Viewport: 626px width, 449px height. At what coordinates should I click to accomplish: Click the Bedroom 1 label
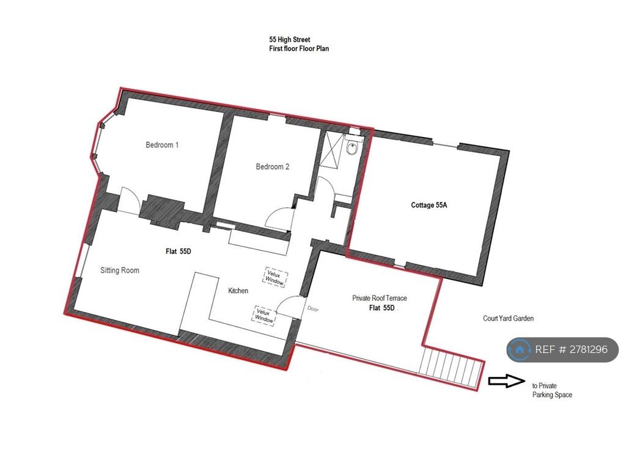coord(161,145)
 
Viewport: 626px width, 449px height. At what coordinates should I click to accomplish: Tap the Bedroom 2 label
coord(272,166)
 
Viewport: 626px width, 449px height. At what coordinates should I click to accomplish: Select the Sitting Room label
coord(120,270)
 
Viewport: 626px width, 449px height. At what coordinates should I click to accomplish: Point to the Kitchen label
coord(238,291)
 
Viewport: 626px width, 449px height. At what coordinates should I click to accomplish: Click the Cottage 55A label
coord(429,205)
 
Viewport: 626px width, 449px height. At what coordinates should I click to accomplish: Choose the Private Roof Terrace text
coord(379,298)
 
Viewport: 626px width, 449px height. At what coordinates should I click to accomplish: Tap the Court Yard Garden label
coord(508,318)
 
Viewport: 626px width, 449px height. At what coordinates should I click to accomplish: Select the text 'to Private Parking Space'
coord(552,390)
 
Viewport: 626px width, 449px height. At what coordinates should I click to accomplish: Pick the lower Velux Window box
coord(264,315)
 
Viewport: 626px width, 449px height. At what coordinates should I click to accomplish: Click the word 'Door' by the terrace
coord(313,309)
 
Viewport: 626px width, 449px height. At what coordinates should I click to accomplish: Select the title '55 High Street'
coord(289,40)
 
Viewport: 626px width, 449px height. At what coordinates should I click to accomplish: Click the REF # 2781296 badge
coord(562,349)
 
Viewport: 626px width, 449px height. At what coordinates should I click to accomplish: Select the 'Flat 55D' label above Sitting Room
coord(179,251)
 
